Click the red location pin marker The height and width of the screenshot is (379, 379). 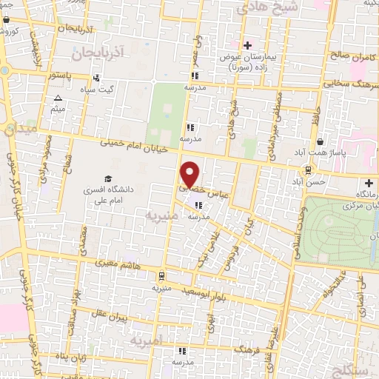point(190,174)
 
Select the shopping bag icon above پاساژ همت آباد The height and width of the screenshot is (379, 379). point(319,141)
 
